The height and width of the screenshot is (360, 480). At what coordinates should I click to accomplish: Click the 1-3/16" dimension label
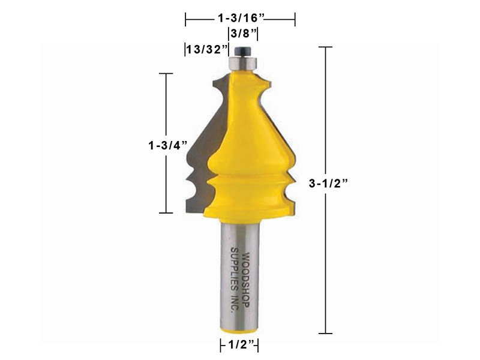coord(239,19)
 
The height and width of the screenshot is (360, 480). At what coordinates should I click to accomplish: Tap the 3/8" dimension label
coord(242,34)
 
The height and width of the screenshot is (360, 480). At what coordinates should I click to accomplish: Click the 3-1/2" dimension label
coord(328,185)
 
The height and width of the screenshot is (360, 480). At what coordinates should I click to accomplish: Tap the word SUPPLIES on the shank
coord(234,273)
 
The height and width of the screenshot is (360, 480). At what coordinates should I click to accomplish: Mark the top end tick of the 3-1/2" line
coord(325,47)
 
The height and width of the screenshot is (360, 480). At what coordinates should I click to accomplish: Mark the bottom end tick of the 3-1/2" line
coord(325,333)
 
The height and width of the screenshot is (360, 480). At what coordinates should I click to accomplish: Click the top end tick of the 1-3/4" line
coord(166,73)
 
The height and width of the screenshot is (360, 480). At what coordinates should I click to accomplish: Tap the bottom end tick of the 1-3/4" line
coord(166,213)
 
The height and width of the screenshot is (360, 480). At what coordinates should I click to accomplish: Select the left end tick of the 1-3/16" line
coord(186,20)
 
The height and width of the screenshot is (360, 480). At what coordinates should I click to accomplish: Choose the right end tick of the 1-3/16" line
coord(294,20)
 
